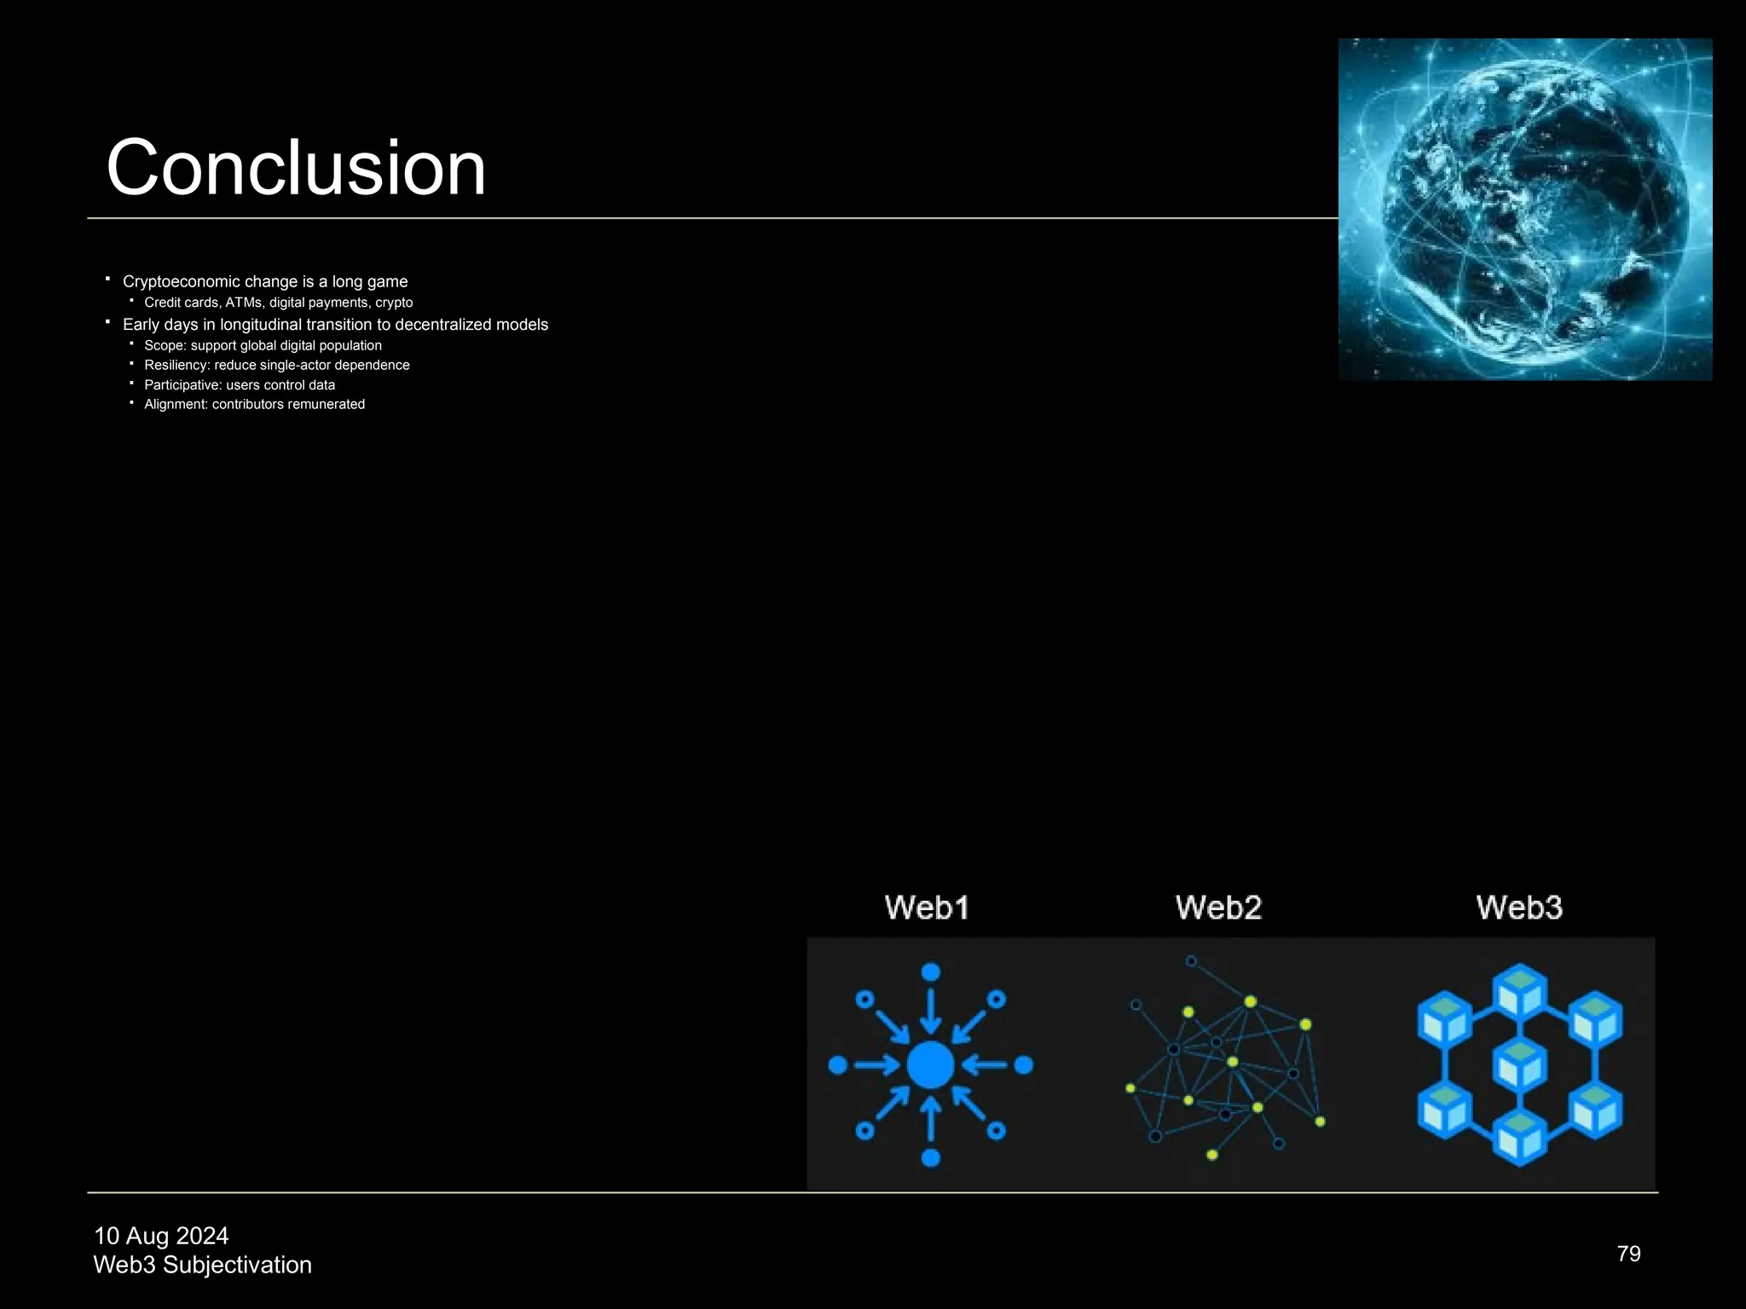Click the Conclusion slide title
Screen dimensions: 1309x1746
pyautogui.click(x=295, y=168)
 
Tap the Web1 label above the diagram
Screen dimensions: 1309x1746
pyautogui.click(x=927, y=908)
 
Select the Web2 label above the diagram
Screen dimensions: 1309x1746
pyautogui.click(x=1218, y=908)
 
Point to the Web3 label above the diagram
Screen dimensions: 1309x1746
pyautogui.click(x=1519, y=908)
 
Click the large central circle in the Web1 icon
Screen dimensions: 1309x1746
pyautogui.click(x=930, y=1064)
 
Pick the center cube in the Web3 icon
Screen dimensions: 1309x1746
pyautogui.click(x=1519, y=1064)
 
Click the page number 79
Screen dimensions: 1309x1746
pyautogui.click(x=1628, y=1254)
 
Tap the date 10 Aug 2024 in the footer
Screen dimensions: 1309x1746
pyautogui.click(x=161, y=1236)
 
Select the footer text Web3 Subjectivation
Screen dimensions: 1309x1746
pyautogui.click(x=202, y=1265)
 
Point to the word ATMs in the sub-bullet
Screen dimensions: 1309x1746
pyautogui.click(x=244, y=303)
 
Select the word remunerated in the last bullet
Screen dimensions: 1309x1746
pyautogui.click(x=326, y=404)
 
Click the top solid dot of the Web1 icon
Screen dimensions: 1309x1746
pyautogui.click(x=931, y=972)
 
